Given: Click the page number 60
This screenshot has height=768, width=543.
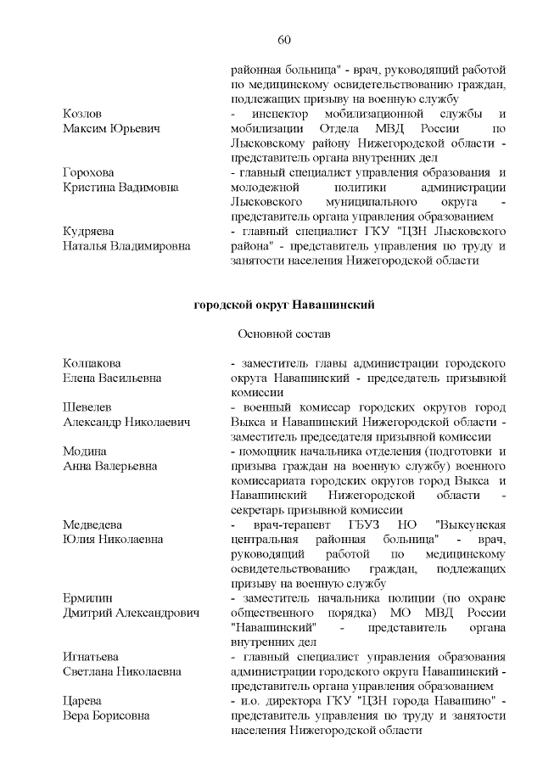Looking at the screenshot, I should click(284, 39).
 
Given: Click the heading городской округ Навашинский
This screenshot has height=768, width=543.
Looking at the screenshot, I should click(284, 304).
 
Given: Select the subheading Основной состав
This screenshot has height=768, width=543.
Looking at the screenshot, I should click(284, 334).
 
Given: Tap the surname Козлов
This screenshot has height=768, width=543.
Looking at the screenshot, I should click(83, 114).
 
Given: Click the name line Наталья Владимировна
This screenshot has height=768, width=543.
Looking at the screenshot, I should click(126, 246).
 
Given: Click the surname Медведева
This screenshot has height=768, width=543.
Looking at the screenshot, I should click(93, 524).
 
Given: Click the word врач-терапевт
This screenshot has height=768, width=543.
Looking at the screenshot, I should click(277, 524).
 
